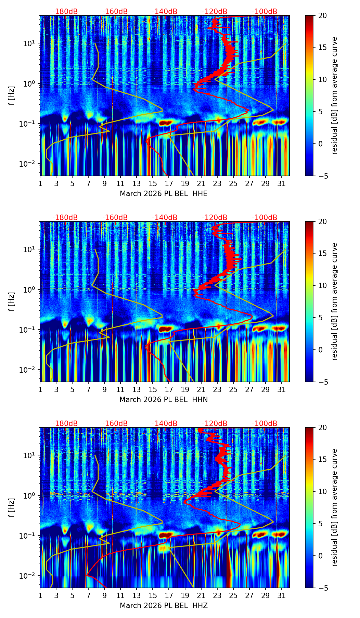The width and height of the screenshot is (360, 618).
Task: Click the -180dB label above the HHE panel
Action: [65, 12]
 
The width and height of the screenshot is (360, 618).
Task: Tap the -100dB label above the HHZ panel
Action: [265, 424]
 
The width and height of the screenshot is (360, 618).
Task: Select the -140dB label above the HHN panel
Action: [165, 218]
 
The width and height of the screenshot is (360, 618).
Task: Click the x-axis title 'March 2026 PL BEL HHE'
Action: [164, 194]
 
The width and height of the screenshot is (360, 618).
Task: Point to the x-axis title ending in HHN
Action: [164, 400]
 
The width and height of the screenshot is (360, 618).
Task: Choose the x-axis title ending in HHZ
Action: [164, 606]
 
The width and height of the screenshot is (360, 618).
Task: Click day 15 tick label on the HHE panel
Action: [153, 183]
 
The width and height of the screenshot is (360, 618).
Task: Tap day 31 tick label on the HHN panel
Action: [281, 389]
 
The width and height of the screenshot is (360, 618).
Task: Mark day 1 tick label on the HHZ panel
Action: [40, 595]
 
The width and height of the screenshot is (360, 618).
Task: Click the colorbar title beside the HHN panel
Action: [334, 301]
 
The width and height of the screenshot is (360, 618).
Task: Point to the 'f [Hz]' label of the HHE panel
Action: [12, 96]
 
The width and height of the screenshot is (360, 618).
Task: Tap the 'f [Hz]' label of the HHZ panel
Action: [12, 508]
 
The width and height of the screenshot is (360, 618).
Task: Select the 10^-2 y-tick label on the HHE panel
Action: [30, 164]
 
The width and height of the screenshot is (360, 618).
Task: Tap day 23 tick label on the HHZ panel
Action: [217, 595]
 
